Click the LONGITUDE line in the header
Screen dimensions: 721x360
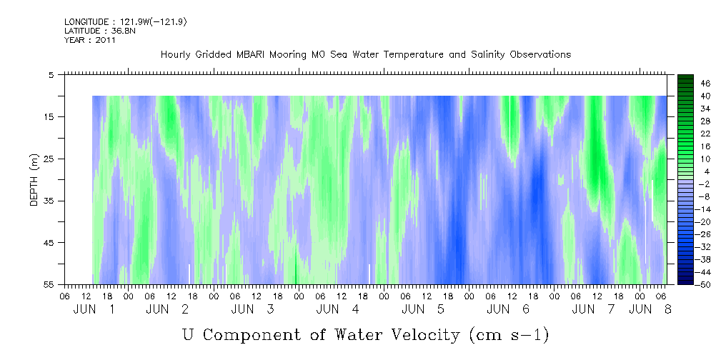tap(126, 22)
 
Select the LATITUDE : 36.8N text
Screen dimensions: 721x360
tap(100, 31)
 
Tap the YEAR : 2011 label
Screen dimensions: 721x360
tap(90, 40)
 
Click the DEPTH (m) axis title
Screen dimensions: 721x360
tap(34, 180)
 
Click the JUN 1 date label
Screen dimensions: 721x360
tap(94, 309)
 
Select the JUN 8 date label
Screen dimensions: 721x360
tap(650, 309)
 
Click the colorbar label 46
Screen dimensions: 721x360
tap(705, 84)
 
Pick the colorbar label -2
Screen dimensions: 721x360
tap(704, 184)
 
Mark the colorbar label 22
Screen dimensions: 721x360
tap(705, 139)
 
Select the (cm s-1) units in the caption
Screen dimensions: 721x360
tap(509, 335)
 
